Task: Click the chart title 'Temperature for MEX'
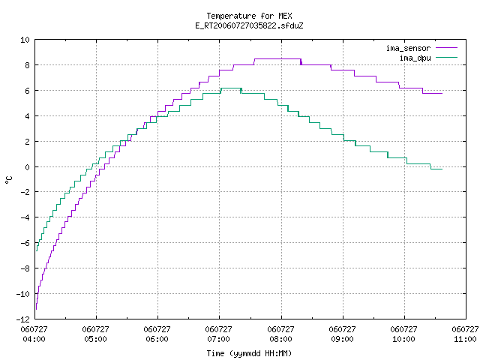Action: pyautogui.click(x=249, y=16)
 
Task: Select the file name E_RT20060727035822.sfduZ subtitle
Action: pyautogui.click(x=249, y=25)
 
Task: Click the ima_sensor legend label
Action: pyautogui.click(x=408, y=48)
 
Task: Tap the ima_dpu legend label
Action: pyautogui.click(x=415, y=58)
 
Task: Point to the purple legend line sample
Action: pyautogui.click(x=446, y=48)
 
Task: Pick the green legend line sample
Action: pyautogui.click(x=446, y=58)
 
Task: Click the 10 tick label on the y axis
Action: pyautogui.click(x=25, y=40)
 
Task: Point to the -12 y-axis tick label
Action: pyautogui.click(x=23, y=319)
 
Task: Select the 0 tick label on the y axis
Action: pyautogui.click(x=28, y=167)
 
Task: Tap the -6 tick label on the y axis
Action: pyautogui.click(x=25, y=243)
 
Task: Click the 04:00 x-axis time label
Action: pyautogui.click(x=34, y=339)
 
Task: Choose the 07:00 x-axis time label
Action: pyautogui.click(x=218, y=339)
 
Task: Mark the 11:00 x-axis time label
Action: pyautogui.click(x=465, y=339)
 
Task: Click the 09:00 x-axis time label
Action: pyautogui.click(x=342, y=339)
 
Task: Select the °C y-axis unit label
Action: pyautogui.click(x=8, y=179)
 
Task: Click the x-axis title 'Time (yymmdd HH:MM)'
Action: pyautogui.click(x=249, y=353)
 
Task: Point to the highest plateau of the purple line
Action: pyautogui.click(x=277, y=58)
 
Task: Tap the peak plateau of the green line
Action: pyautogui.click(x=231, y=88)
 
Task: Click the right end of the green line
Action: pyautogui.click(x=442, y=169)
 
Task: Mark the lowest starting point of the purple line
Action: pyautogui.click(x=37, y=309)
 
